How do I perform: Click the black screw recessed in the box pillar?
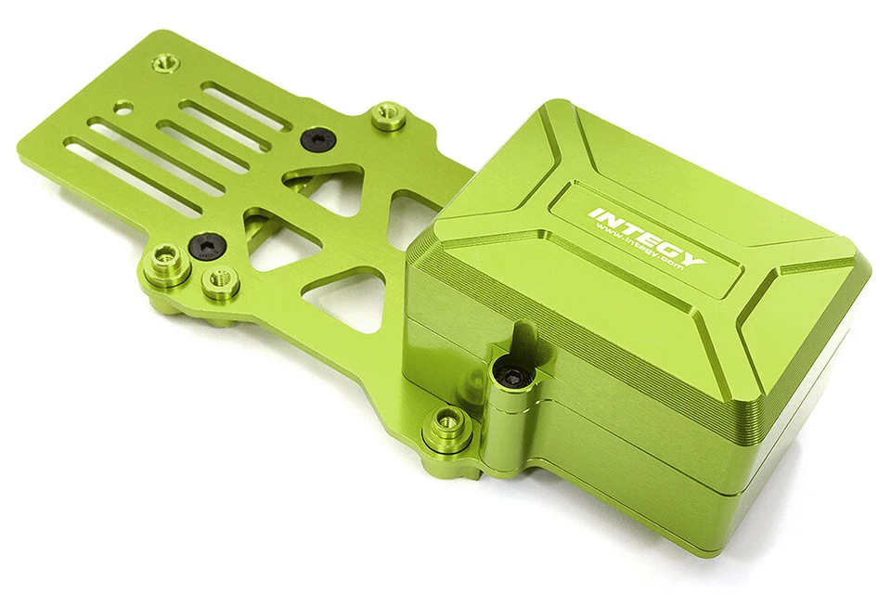(x=512, y=376)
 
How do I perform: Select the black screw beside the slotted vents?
(x=316, y=139)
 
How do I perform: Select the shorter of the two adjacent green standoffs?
(x=220, y=279)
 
